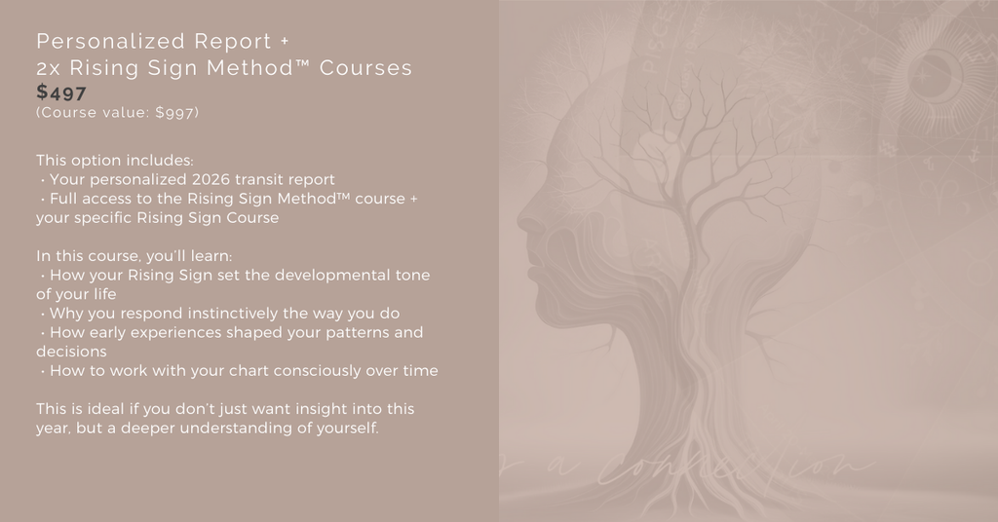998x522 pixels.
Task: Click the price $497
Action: pos(61,93)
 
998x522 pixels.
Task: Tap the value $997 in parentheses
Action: pos(175,113)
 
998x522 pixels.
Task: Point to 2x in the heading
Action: pos(50,68)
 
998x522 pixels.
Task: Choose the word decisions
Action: pos(71,352)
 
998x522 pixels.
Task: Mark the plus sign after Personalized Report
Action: pos(284,42)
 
